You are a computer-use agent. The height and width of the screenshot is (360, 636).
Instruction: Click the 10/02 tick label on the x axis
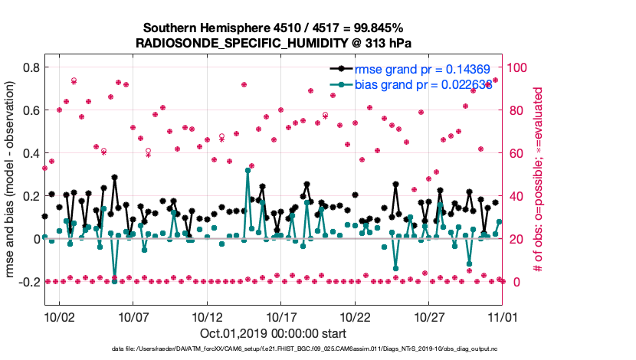pos(59,316)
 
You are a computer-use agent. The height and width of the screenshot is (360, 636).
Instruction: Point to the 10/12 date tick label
pos(207,316)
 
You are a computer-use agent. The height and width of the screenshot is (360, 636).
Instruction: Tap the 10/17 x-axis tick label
pos(280,316)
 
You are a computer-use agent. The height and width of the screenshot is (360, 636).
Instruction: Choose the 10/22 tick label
pos(355,316)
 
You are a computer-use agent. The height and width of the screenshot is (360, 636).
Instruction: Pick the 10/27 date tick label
pos(429,316)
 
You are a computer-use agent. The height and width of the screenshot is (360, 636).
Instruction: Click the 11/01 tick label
pos(503,316)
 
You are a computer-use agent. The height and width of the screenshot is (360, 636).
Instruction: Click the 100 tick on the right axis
pos(521,67)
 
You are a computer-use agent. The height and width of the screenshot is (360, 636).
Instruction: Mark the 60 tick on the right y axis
pos(518,153)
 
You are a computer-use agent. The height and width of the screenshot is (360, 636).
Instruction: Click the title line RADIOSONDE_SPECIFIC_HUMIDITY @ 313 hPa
pos(275,43)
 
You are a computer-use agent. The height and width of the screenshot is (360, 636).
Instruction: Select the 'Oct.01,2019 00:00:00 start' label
pos(274,333)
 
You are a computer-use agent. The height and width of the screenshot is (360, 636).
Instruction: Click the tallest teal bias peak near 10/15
pos(248,169)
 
